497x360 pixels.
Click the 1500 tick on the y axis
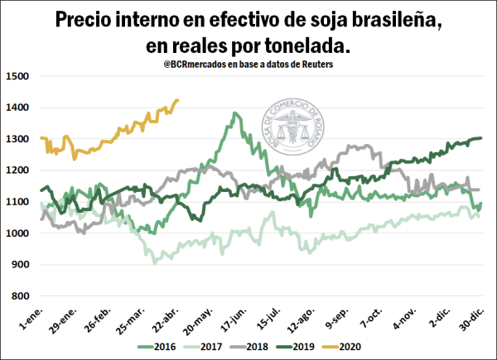[x=18, y=76]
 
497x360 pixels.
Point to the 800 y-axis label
[x=21, y=296]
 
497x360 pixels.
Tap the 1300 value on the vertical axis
[x=18, y=139]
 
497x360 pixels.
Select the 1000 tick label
[x=18, y=233]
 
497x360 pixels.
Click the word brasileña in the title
[x=388, y=20]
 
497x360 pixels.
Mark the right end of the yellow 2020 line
[x=178, y=101]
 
